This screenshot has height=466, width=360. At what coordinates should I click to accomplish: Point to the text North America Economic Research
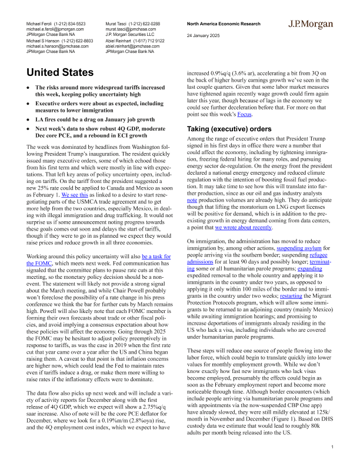tap(224, 22)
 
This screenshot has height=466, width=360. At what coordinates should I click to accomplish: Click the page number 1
tap(332, 448)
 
